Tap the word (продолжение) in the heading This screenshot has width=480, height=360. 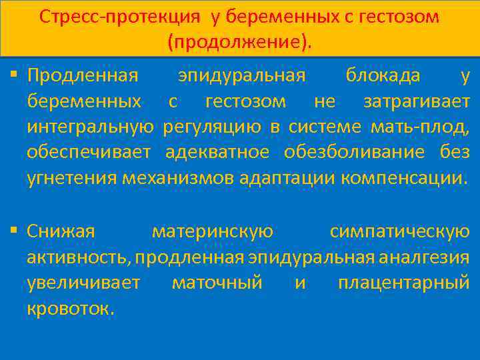(239, 42)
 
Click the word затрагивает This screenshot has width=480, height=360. (416, 101)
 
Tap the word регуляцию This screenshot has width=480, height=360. (214, 127)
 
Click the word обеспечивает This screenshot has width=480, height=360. (91, 152)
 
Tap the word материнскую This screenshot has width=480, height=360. (213, 231)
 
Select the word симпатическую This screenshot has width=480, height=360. (399, 231)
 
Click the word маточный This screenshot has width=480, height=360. (217, 283)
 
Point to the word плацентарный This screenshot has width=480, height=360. (404, 283)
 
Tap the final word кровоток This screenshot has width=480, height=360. (71, 309)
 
